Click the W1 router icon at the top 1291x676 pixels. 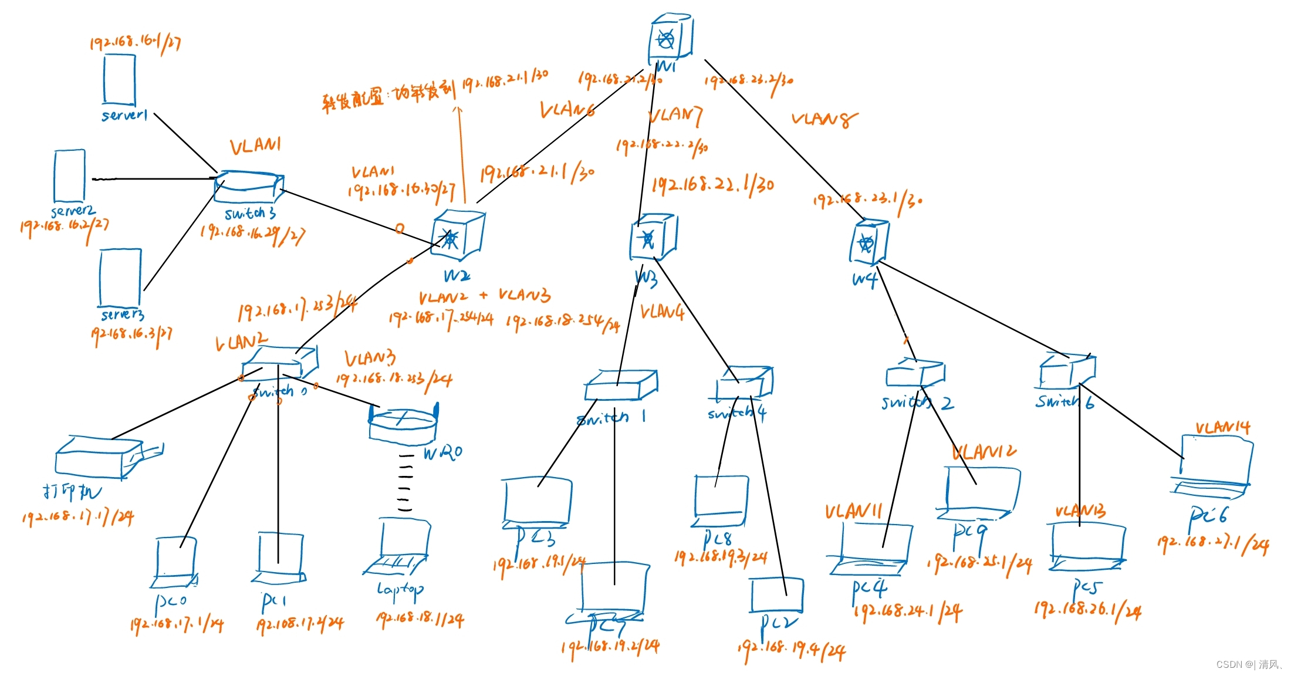coord(671,40)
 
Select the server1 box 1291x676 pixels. coord(120,80)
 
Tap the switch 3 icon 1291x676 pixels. coord(249,187)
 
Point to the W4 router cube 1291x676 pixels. coord(868,242)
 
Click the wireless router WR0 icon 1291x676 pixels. coord(403,424)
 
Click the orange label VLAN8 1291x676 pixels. coord(823,120)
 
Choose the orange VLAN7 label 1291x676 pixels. coord(675,115)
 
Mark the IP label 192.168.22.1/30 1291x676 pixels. coord(712,185)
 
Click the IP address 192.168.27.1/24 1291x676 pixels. coord(1212,543)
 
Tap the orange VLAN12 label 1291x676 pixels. coord(984,451)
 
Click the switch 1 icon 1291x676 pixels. coord(620,386)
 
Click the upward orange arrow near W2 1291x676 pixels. coord(461,153)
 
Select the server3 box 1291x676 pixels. coord(120,278)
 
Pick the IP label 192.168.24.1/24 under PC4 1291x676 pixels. coord(907,612)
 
